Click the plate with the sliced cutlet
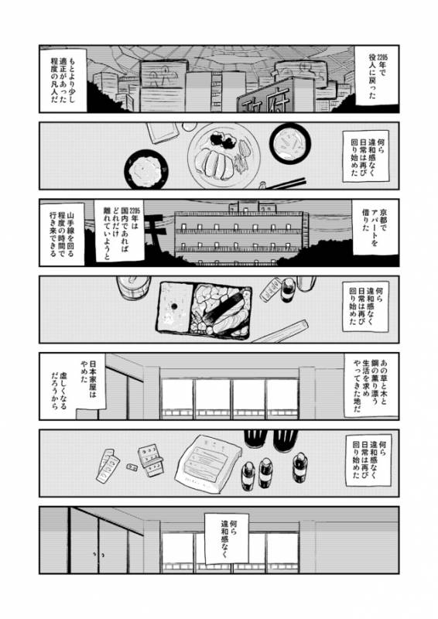pyautogui.click(x=219, y=156)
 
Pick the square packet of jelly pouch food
pyautogui.click(x=207, y=465)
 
